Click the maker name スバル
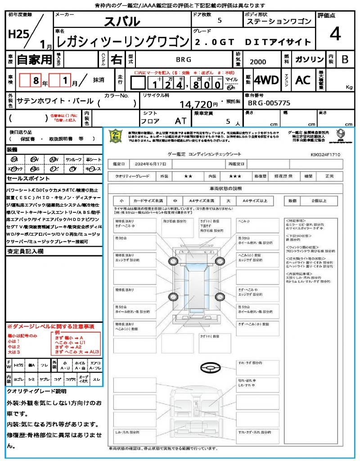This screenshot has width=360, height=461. (122, 21)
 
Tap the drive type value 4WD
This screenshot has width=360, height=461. (266, 80)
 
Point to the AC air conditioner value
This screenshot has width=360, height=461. (302, 80)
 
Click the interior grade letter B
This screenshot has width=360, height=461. (345, 59)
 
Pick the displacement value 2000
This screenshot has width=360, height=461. (258, 62)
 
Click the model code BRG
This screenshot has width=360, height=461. (183, 59)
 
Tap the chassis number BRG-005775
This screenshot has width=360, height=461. (269, 103)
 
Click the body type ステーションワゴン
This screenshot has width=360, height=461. (279, 22)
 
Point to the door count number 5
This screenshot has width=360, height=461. (219, 20)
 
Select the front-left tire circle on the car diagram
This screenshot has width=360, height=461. (173, 261)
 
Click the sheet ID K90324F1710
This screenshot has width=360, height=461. (325, 154)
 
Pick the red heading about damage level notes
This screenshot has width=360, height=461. (50, 326)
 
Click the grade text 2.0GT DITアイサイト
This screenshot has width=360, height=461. (253, 42)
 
